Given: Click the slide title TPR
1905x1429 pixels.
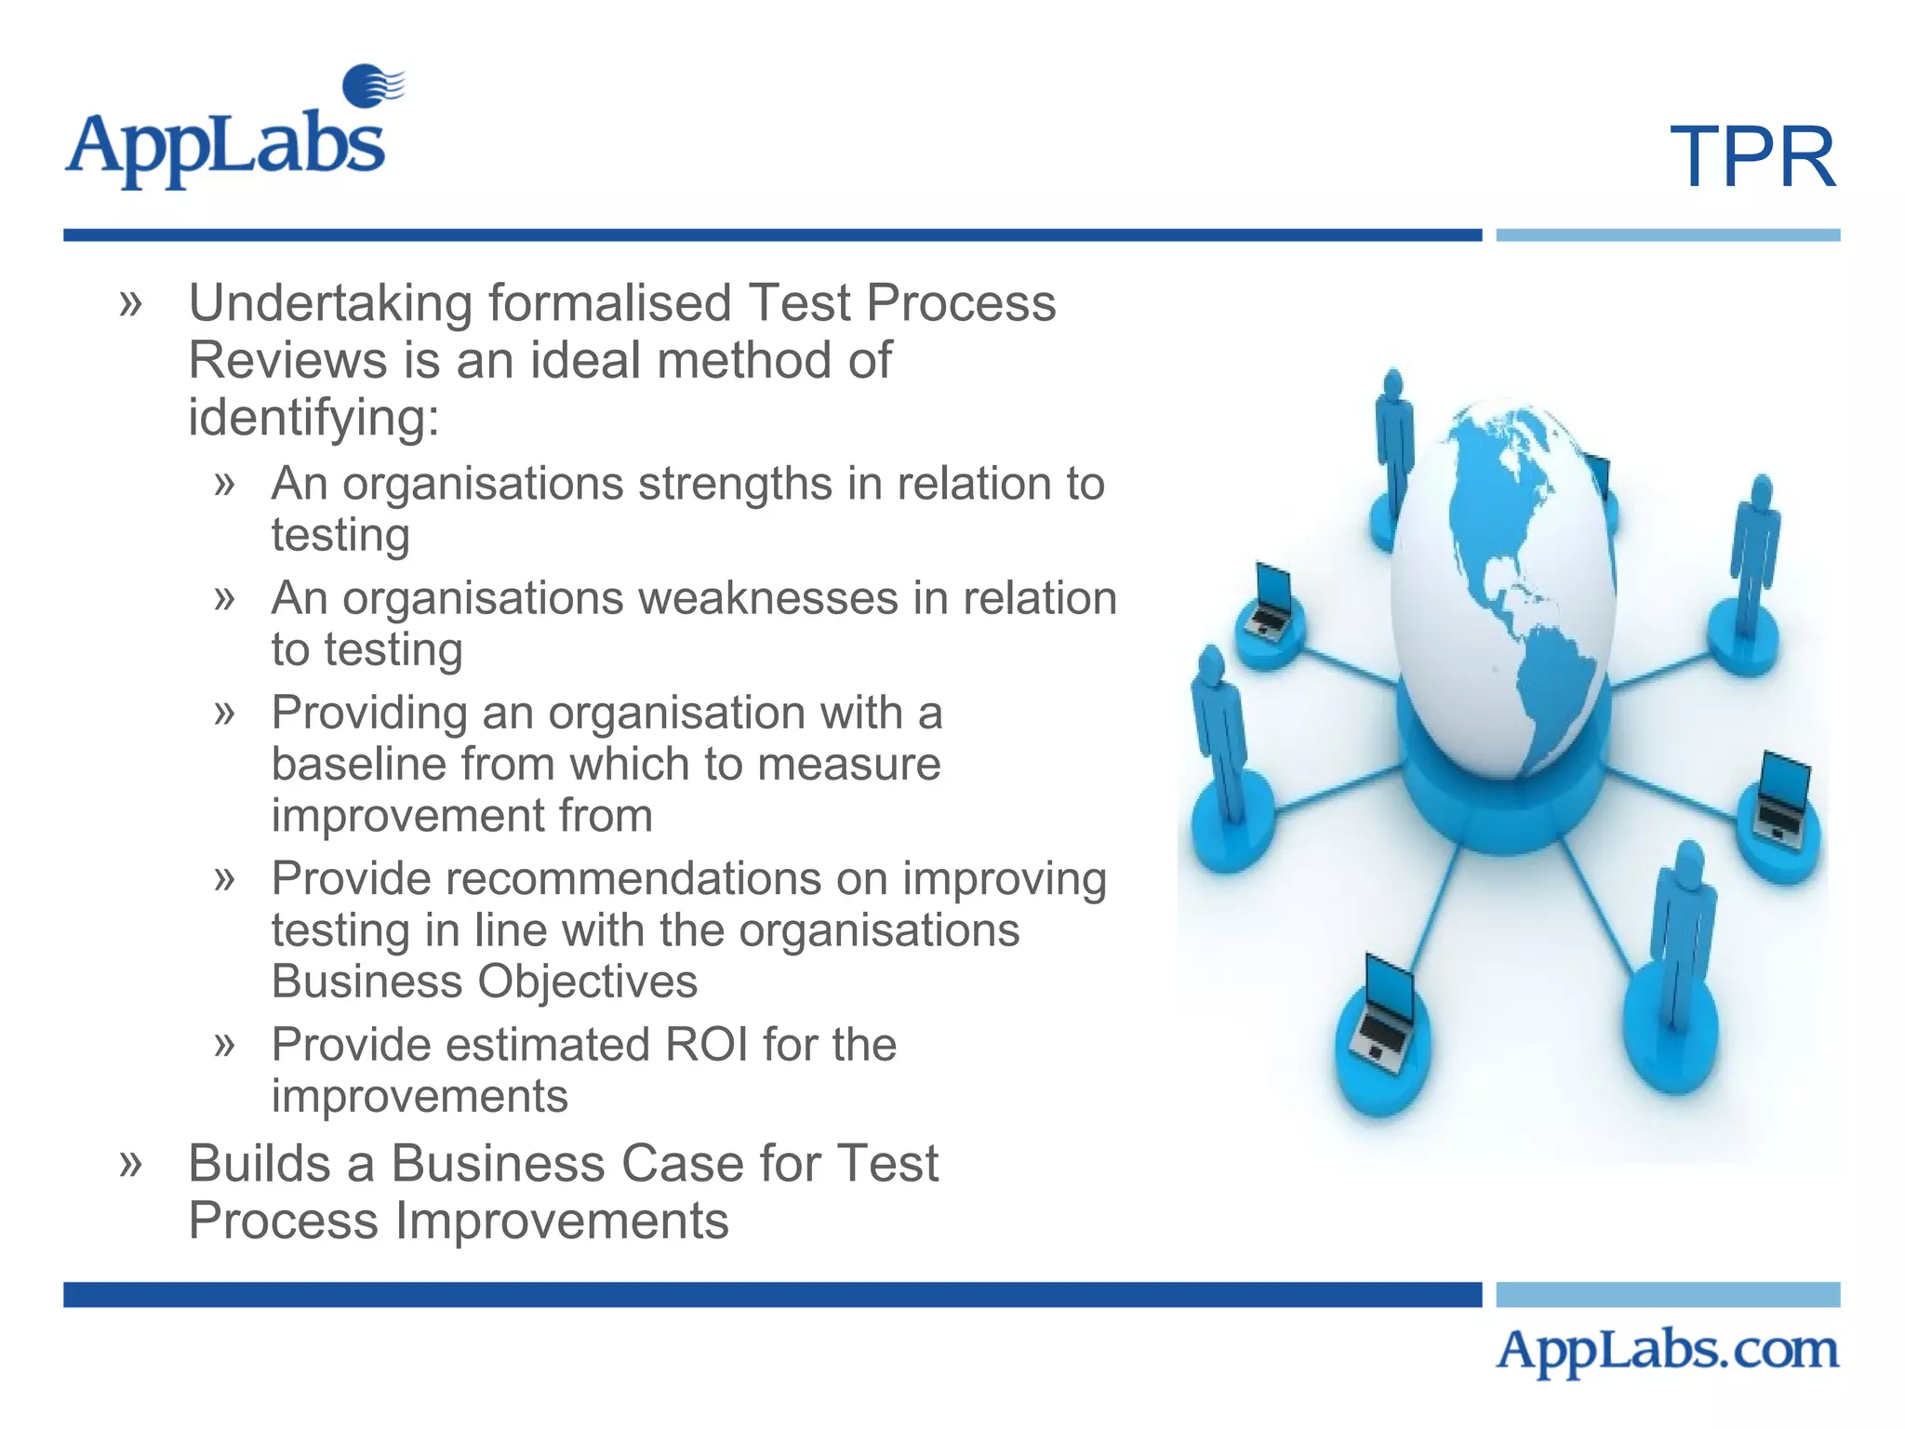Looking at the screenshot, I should click(x=1752, y=157).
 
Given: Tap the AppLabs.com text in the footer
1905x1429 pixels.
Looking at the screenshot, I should click(x=1667, y=1350).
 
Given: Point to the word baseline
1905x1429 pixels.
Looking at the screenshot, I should click(x=357, y=765).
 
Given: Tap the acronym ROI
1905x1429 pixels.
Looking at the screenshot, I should click(x=706, y=1045).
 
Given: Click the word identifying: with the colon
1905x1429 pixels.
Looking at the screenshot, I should click(x=313, y=418).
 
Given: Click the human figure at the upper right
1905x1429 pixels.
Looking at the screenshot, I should click(x=1753, y=558).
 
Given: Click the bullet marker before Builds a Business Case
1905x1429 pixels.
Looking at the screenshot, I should click(x=131, y=1163).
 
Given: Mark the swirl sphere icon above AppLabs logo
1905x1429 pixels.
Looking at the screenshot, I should click(x=371, y=86).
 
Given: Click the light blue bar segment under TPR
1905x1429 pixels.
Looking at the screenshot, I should click(x=1667, y=235).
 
